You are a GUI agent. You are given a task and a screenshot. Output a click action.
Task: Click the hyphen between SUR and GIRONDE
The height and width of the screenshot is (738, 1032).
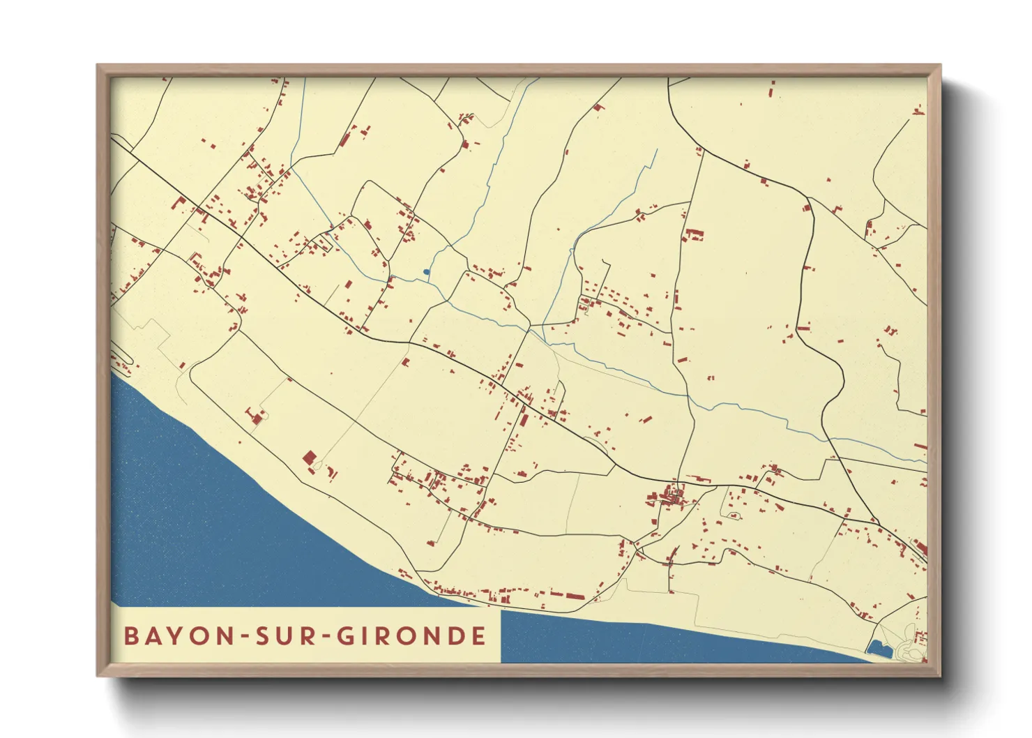click(326, 637)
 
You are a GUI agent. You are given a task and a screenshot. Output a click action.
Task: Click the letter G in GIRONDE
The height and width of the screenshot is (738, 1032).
click(347, 636)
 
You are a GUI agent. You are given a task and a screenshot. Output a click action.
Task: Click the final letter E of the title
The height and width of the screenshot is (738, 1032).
click(478, 636)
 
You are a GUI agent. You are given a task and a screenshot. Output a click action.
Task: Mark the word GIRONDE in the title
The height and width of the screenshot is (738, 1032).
click(411, 636)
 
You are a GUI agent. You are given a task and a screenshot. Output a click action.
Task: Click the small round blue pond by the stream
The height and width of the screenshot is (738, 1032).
click(426, 272)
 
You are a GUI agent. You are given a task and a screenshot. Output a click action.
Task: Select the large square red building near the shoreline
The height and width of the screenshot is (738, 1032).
click(309, 458)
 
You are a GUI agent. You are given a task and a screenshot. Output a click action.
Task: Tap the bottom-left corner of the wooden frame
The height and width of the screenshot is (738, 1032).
click(98, 675)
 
